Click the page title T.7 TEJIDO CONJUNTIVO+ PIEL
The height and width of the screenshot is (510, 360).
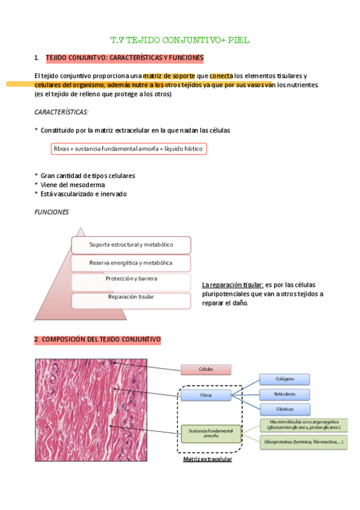click(180, 40)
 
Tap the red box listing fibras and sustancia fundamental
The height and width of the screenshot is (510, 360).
click(129, 148)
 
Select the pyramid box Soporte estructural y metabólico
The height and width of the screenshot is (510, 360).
click(131, 245)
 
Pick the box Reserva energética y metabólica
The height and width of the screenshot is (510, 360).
click(131, 263)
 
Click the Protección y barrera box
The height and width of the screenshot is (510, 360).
click(131, 280)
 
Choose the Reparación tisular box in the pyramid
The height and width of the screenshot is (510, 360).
click(131, 297)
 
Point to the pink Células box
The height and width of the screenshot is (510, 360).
click(206, 369)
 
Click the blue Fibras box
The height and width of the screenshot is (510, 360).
click(206, 395)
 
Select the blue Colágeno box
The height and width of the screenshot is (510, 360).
click(284, 379)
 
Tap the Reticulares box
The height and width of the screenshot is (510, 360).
click(284, 395)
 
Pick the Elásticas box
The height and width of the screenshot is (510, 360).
click(284, 409)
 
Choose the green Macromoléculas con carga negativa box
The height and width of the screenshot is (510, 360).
click(304, 425)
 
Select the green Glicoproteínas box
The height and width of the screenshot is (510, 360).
click(304, 442)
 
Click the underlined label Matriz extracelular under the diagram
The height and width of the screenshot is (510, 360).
click(208, 459)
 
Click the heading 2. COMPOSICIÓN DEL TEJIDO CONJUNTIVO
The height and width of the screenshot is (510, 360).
click(97, 340)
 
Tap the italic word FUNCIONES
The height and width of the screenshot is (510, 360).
click(52, 212)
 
